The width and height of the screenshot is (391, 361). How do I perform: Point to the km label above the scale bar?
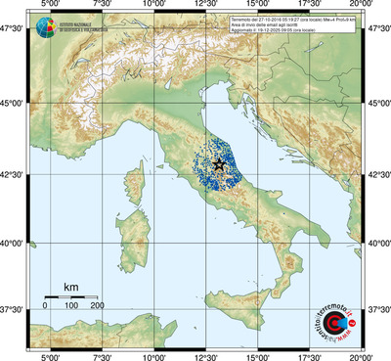[70, 287]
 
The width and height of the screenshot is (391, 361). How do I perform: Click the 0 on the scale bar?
[45, 307]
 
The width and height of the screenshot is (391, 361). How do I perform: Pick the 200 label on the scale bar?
[98, 307]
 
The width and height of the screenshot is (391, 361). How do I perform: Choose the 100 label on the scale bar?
[71, 307]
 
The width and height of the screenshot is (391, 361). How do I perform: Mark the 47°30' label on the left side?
[13, 29]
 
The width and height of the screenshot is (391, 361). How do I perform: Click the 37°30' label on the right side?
[378, 309]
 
